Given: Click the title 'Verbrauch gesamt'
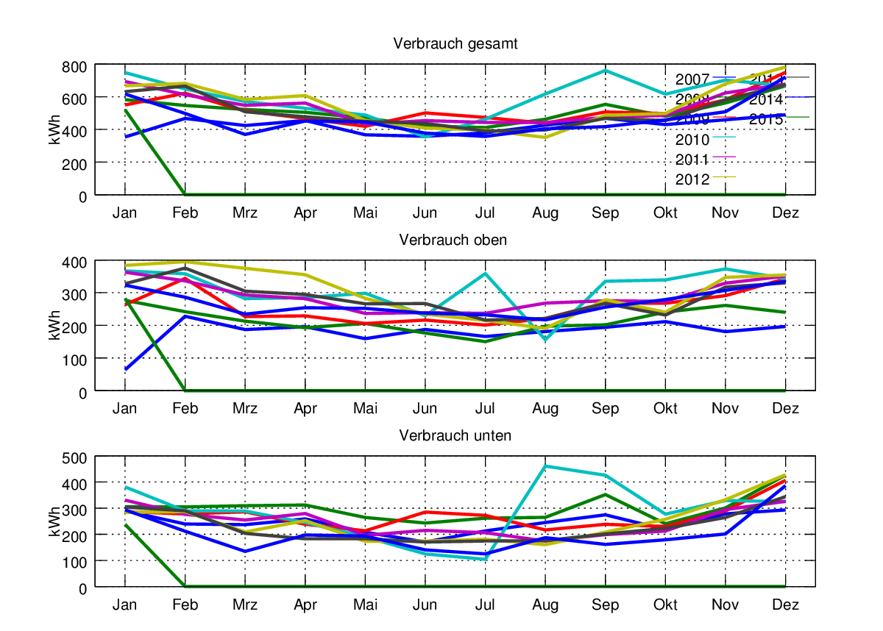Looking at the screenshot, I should pyautogui.click(x=455, y=43).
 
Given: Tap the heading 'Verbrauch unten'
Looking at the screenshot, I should pyautogui.click(x=455, y=435).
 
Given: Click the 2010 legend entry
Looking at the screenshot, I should pyautogui.click(x=692, y=140).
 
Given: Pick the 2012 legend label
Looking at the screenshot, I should pyautogui.click(x=692, y=179).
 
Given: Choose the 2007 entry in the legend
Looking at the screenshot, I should pyautogui.click(x=692, y=79).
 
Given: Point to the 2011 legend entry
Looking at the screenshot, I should pyautogui.click(x=692, y=160).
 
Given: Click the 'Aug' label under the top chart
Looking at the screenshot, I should pyautogui.click(x=545, y=213).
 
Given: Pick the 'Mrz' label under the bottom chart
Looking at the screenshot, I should pyautogui.click(x=245, y=605).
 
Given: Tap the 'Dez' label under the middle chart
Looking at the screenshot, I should pyautogui.click(x=786, y=409).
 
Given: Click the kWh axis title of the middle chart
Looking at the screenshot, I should pyautogui.click(x=55, y=326).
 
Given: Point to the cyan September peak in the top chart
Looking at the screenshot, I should pyautogui.click(x=606, y=71).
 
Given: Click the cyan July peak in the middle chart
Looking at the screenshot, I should pyautogui.click(x=486, y=274).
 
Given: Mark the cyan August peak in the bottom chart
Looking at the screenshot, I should pyautogui.click(x=546, y=466).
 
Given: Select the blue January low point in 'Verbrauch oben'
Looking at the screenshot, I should pyautogui.click(x=126, y=369).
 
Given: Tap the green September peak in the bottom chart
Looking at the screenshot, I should pyautogui.click(x=606, y=494).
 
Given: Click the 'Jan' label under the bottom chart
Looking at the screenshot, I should pyautogui.click(x=125, y=605).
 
